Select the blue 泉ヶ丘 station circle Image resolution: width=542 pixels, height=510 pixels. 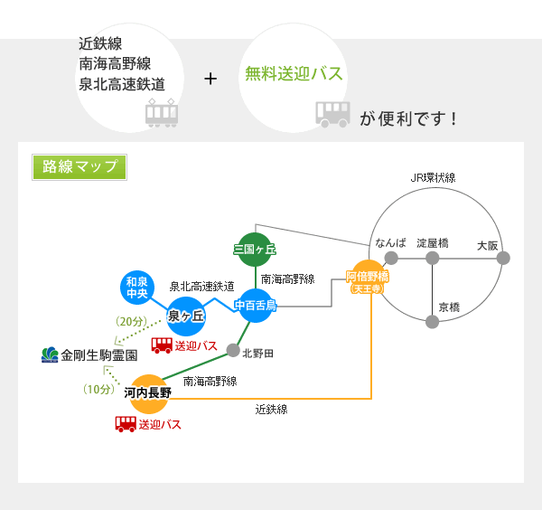187,316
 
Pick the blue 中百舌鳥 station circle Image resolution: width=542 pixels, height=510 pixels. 256,305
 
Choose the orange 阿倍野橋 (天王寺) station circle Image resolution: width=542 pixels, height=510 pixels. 367,280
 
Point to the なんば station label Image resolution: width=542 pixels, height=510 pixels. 390,244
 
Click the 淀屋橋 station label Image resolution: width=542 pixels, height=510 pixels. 433,244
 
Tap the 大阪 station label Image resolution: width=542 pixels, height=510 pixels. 488,244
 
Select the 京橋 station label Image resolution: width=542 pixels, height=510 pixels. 449,307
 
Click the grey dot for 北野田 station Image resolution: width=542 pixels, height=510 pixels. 233,352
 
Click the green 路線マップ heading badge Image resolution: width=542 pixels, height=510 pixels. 79,167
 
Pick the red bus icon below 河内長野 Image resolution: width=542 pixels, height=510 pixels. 126,423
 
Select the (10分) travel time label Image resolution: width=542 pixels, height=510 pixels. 98,390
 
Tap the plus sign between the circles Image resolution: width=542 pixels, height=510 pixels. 211,80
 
